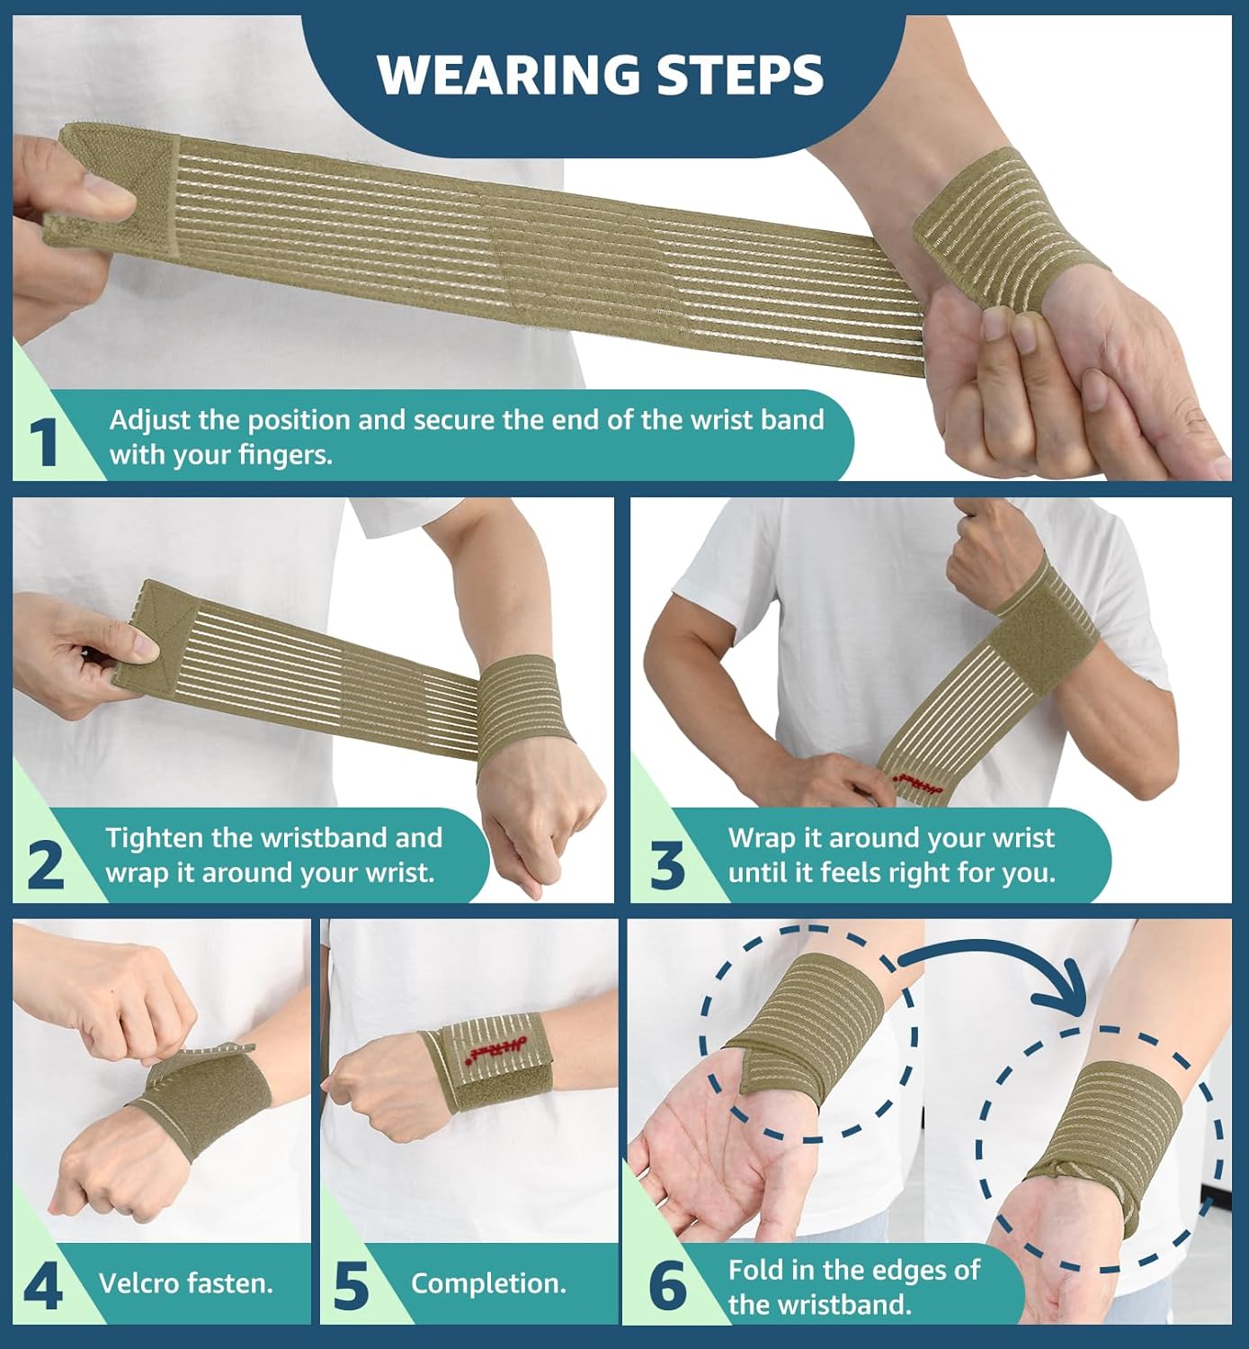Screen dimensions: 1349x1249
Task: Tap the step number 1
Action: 43,443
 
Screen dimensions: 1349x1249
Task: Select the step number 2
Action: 45,864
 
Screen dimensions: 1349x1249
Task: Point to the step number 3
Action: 666,865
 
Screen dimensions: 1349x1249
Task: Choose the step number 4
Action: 42,1286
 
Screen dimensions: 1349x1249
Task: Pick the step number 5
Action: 351,1286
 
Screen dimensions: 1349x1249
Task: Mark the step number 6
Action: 667,1286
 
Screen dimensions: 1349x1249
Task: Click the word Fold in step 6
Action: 754,1270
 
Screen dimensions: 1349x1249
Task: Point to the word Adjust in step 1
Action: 151,420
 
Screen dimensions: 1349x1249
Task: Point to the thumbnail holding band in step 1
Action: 108,189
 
